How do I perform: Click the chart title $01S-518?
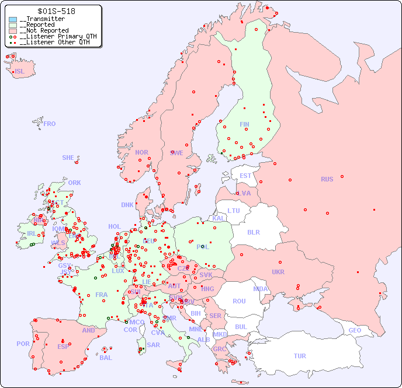pyautogui.click(x=56, y=11)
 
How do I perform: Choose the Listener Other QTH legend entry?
pyautogui.click(x=54, y=42)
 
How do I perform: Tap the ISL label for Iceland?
pyautogui.click(x=20, y=72)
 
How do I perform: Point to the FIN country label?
pyautogui.click(x=244, y=124)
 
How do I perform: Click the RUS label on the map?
pyautogui.click(x=327, y=179)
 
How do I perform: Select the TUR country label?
pyautogui.click(x=300, y=356)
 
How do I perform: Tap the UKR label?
pyautogui.click(x=278, y=272)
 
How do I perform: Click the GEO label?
pyautogui.click(x=355, y=330)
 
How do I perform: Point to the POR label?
pyautogui.click(x=23, y=344)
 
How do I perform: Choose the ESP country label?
pyautogui.click(x=63, y=347)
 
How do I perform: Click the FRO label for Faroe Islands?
pyautogui.click(x=50, y=124)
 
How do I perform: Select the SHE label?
pyautogui.click(x=68, y=158)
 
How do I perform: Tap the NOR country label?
pyautogui.click(x=141, y=152)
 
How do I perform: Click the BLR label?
pyautogui.click(x=253, y=232)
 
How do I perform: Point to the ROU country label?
pyautogui.click(x=239, y=301)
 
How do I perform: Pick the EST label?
pyautogui.click(x=245, y=176)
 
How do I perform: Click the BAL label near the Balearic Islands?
pyautogui.click(x=106, y=358)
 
